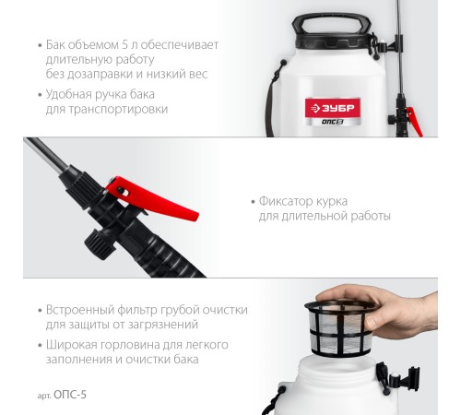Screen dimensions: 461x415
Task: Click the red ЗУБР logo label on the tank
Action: [333, 108]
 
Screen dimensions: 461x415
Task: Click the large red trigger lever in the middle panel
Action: [151, 196]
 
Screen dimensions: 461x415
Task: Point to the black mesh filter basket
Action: [341, 327]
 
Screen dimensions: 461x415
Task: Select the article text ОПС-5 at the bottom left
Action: [70, 395]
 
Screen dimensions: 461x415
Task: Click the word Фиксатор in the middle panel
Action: [285, 201]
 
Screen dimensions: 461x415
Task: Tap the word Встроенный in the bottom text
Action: [80, 310]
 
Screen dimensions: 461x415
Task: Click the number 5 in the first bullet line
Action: [124, 45]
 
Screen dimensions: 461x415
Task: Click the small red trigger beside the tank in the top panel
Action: [414, 121]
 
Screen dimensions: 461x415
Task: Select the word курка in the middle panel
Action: [330, 202]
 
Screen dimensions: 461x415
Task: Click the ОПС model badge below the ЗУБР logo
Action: [332, 122]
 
